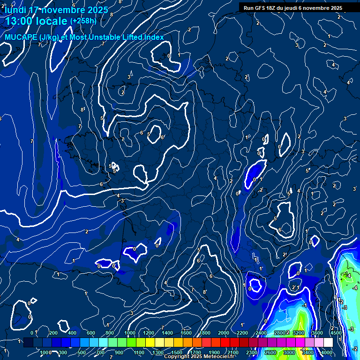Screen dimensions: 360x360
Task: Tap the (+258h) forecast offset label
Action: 83,21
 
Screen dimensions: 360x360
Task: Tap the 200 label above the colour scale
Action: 53,333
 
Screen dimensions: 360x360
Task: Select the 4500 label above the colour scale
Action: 336,333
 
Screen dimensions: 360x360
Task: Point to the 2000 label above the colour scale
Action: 224,333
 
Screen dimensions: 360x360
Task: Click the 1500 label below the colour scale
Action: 177,352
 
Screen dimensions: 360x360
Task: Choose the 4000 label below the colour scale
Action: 327,352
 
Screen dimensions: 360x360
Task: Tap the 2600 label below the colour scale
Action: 270,352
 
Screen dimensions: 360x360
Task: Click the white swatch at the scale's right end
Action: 328,343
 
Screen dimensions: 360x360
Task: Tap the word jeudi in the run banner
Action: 297,8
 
